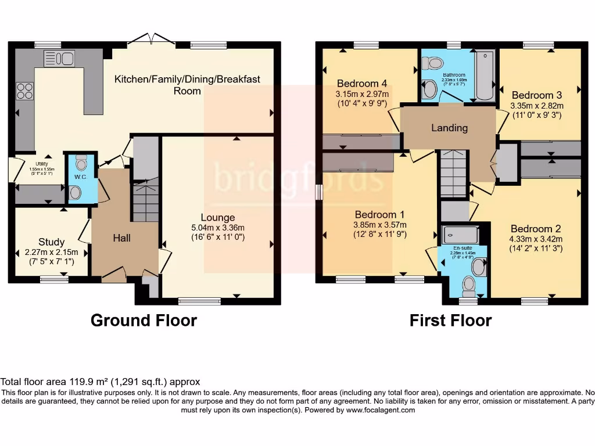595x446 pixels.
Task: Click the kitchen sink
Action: click(x=59, y=59)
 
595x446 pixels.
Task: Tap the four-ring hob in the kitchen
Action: click(x=25, y=91)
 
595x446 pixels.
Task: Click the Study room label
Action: click(x=52, y=242)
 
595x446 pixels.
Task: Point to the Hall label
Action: click(x=122, y=238)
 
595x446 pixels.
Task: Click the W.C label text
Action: click(x=80, y=177)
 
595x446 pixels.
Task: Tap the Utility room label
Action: click(x=40, y=165)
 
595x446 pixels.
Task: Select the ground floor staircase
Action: click(x=145, y=201)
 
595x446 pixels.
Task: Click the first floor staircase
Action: click(x=453, y=174)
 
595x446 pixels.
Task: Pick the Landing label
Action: click(x=449, y=128)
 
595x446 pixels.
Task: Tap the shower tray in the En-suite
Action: click(x=460, y=235)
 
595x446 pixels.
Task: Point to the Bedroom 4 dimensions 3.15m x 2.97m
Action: click(x=362, y=93)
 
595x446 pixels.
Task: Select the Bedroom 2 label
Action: click(x=535, y=228)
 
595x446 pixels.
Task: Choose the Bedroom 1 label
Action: click(x=380, y=214)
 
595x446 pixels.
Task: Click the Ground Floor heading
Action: click(x=144, y=321)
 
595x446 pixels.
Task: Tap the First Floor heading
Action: click(x=450, y=321)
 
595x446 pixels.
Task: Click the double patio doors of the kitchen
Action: click(x=152, y=39)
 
